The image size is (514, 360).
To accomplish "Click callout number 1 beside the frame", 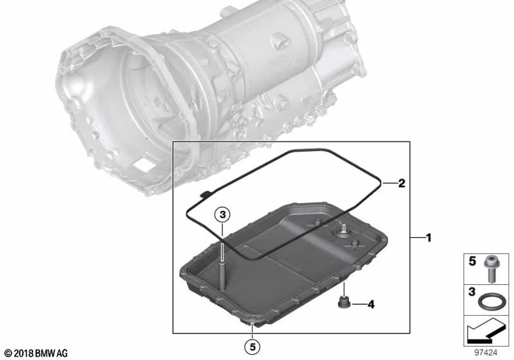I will click(x=429, y=238).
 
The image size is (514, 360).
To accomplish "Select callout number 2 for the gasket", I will click(x=401, y=183).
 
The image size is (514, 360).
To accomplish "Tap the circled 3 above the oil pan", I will click(x=220, y=215).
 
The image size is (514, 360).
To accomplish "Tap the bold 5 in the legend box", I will click(x=472, y=263).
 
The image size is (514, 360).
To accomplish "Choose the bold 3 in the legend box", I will click(x=472, y=293).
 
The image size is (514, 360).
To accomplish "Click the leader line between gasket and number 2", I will click(x=387, y=183).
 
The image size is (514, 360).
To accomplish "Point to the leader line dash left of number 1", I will click(x=416, y=238).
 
